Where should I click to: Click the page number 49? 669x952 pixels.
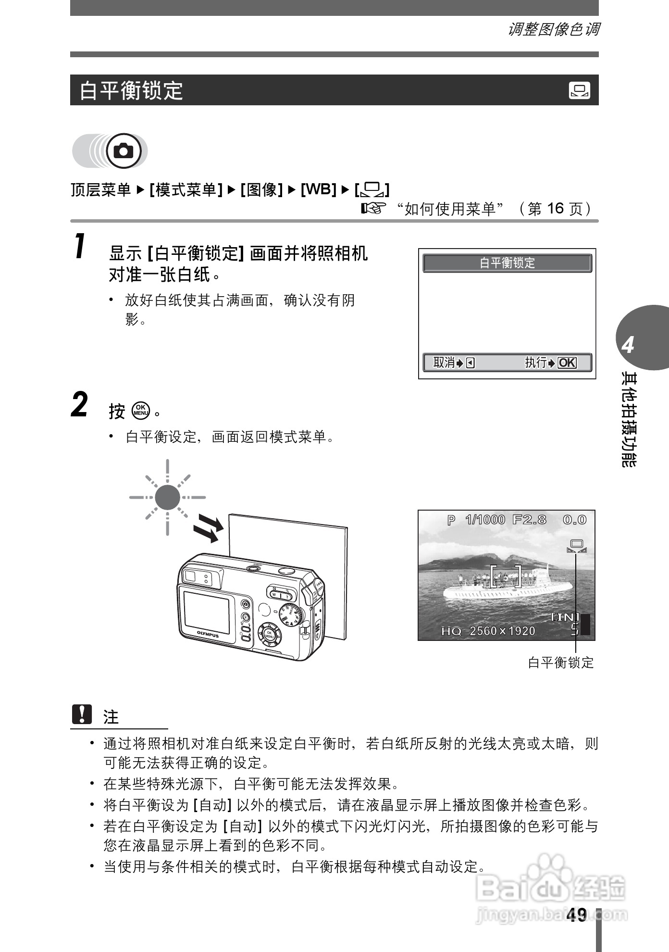pyautogui.click(x=576, y=914)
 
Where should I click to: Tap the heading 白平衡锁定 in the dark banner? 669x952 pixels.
pyautogui.click(x=131, y=90)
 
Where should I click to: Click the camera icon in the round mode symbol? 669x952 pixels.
pyautogui.click(x=124, y=151)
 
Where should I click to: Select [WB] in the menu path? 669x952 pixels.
pyautogui.click(x=318, y=189)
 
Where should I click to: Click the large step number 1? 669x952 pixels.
pyautogui.click(x=81, y=246)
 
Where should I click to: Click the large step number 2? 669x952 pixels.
pyautogui.click(x=80, y=405)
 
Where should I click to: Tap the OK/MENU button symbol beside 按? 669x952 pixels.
pyautogui.click(x=141, y=410)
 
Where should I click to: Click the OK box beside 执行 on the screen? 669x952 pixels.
pyautogui.click(x=567, y=363)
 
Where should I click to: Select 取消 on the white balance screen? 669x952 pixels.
pyautogui.click(x=444, y=363)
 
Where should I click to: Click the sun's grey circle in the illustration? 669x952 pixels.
pyautogui.click(x=167, y=497)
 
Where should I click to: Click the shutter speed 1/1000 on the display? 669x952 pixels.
pyautogui.click(x=485, y=520)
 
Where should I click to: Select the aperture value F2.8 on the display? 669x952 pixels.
pyautogui.click(x=530, y=520)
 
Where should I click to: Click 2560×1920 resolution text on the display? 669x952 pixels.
pyautogui.click(x=502, y=631)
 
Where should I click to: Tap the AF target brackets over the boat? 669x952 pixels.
pyautogui.click(x=506, y=576)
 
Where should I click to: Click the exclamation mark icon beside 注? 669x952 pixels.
pyautogui.click(x=82, y=714)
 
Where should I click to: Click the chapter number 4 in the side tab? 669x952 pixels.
pyautogui.click(x=628, y=345)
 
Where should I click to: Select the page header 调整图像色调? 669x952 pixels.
pyautogui.click(x=553, y=30)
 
